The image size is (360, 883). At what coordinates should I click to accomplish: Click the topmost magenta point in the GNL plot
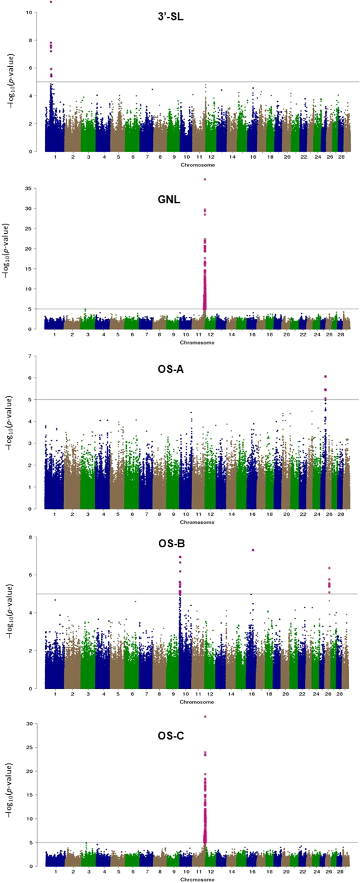point(205,180)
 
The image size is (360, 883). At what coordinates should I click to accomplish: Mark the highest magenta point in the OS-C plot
point(205,716)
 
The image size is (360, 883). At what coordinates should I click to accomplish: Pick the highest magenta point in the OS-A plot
point(325,377)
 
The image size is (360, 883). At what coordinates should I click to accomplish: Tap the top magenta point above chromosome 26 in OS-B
point(329,568)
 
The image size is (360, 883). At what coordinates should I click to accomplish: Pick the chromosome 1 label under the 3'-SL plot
point(55,157)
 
